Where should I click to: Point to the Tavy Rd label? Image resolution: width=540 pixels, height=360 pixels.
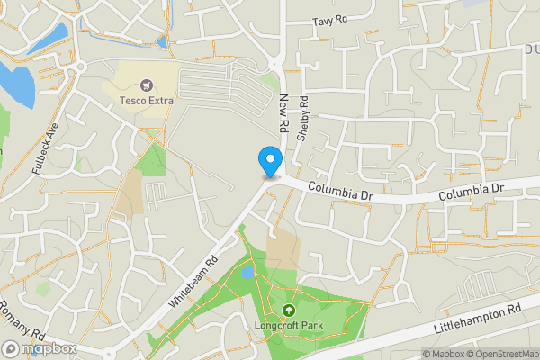[328, 21]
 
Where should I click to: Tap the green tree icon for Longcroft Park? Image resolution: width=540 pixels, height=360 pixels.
[289, 311]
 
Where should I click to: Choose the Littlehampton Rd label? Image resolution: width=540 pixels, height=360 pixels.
[478, 320]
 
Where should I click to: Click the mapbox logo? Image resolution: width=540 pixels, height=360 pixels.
[40, 348]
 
